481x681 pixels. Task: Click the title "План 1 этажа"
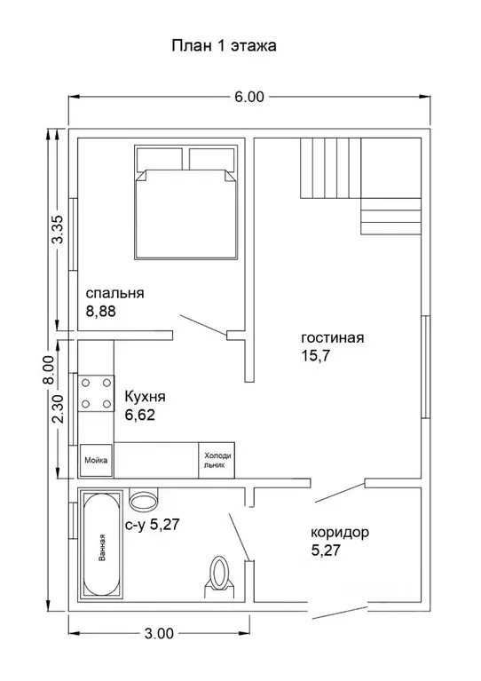(x=224, y=46)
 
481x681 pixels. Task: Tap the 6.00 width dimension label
(x=249, y=97)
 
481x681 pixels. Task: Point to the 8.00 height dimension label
(x=51, y=369)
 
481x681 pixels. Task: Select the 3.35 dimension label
(x=58, y=229)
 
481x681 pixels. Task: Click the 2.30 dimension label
(x=58, y=408)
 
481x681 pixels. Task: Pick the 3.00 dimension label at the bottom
(x=159, y=633)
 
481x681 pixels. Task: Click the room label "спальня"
(x=114, y=294)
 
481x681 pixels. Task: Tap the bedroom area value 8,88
(x=100, y=312)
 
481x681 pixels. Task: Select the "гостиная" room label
(x=333, y=338)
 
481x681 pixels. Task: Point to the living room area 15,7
(x=316, y=356)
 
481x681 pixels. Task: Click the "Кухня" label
(x=145, y=397)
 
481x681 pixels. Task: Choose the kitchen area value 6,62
(x=140, y=416)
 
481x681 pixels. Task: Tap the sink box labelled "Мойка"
(x=96, y=460)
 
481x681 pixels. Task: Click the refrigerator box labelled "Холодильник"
(x=217, y=461)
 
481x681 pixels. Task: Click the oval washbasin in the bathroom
(x=143, y=501)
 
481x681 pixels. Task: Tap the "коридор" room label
(x=340, y=532)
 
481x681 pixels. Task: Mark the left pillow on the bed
(x=160, y=159)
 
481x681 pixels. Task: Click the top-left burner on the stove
(x=86, y=383)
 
